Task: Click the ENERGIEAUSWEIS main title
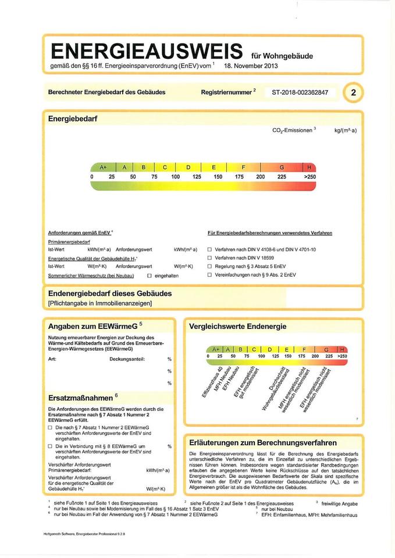(147, 51)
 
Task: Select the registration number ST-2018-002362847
(300, 92)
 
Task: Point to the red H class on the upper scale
(309, 167)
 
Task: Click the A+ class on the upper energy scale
(104, 167)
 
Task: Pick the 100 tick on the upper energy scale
(176, 176)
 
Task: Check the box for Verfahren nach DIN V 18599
(210, 257)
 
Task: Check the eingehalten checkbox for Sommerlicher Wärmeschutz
(150, 276)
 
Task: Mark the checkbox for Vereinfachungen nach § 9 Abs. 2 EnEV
(210, 275)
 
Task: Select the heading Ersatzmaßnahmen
(81, 398)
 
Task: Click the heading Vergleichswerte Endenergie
(237, 327)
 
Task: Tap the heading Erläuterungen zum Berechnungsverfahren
(262, 442)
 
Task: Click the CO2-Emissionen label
(292, 130)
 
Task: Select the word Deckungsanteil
(127, 359)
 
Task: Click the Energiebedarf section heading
(73, 119)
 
